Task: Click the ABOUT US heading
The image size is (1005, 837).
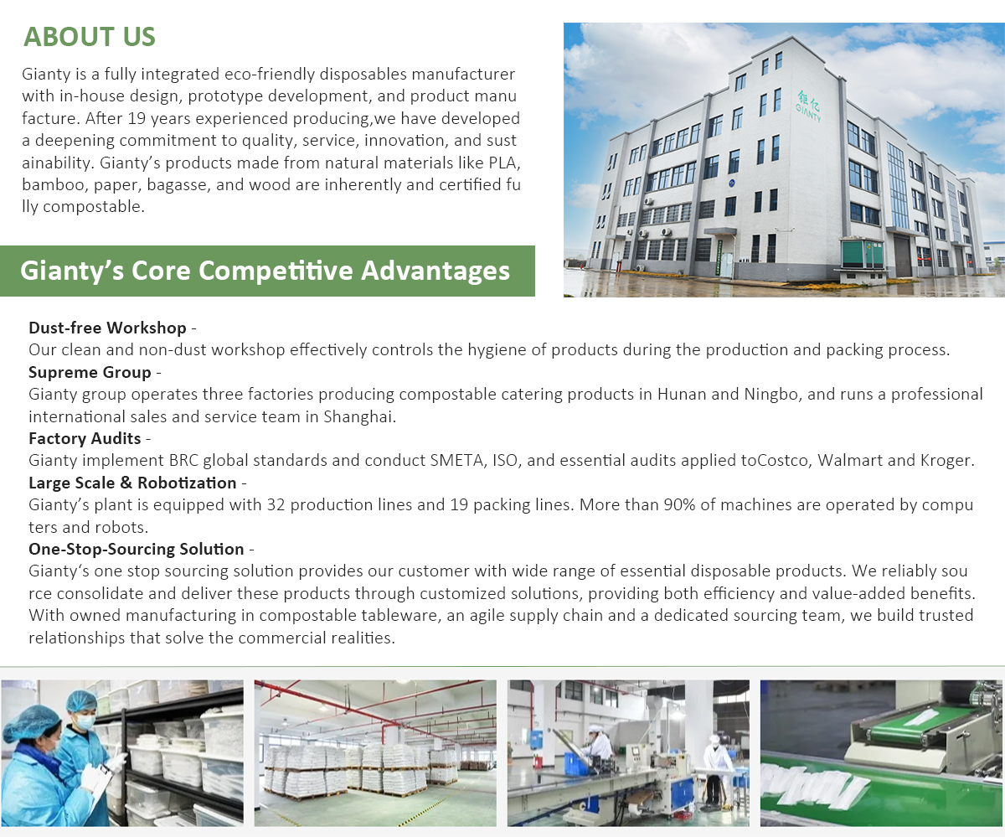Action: [x=90, y=37]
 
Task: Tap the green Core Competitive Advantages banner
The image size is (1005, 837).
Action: [x=267, y=271]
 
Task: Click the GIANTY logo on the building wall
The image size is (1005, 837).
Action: [x=808, y=106]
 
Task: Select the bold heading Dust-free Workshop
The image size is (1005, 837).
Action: [x=107, y=328]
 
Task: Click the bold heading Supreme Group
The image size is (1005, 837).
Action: [x=90, y=372]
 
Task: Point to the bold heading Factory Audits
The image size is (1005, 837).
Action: [x=85, y=438]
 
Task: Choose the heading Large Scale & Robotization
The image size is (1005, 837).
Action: [x=132, y=483]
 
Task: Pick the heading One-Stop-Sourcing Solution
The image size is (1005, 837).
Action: [x=137, y=549]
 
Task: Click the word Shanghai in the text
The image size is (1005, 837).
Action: [x=359, y=416]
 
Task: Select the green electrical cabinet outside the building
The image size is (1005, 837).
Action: [x=863, y=254]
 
